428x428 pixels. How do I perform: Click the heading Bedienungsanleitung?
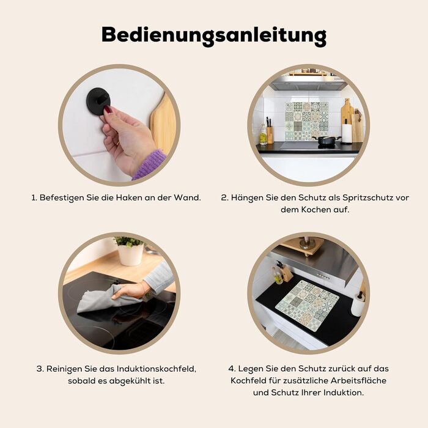pyautogui.click(x=214, y=35)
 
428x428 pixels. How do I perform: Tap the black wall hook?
pyautogui.click(x=98, y=100)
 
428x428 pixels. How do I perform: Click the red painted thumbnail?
pyautogui.click(x=108, y=110)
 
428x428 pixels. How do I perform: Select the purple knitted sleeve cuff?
pyautogui.click(x=150, y=164)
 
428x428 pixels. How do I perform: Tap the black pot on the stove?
pyautogui.click(x=327, y=140)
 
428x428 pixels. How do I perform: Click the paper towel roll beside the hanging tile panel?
pyautogui.click(x=347, y=133)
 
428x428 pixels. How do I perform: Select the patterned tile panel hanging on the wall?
pyautogui.click(x=306, y=122)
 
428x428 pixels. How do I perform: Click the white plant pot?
pyautogui.click(x=131, y=254)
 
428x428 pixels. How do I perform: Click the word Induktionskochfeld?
pyautogui.click(x=156, y=369)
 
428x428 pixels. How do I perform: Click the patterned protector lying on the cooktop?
pyautogui.click(x=307, y=306)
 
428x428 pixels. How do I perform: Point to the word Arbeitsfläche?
pyautogui.click(x=359, y=380)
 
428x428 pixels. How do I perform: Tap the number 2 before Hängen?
pyautogui.click(x=224, y=197)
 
